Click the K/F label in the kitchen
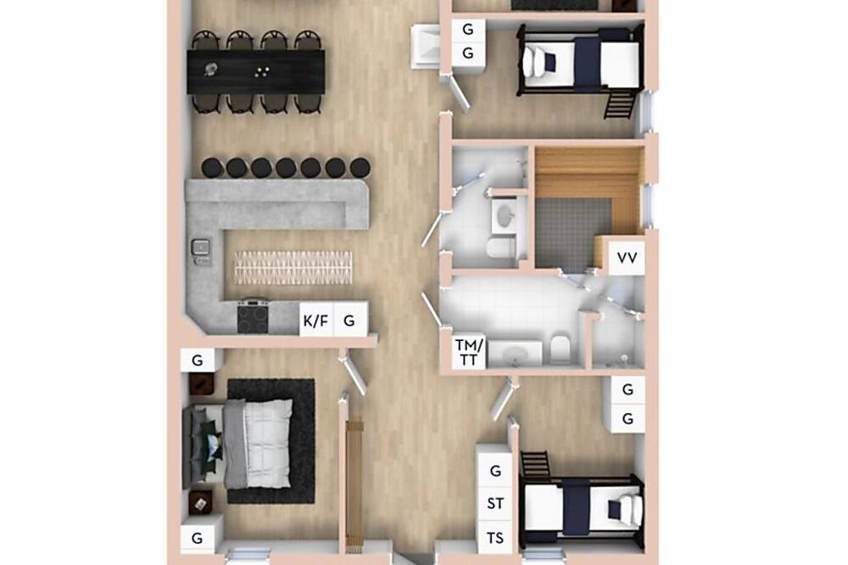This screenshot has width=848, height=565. [x=315, y=321]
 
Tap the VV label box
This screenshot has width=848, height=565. [x=627, y=258]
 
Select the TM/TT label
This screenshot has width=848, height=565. [x=468, y=352]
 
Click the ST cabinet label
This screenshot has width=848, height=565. [x=495, y=503]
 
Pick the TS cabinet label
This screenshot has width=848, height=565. [x=495, y=537]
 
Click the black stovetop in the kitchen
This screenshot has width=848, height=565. [x=253, y=318]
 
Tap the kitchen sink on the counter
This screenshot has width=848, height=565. [x=201, y=249]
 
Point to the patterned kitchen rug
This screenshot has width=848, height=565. [x=293, y=267]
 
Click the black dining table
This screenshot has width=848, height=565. [x=256, y=71]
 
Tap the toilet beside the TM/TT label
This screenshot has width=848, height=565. [x=560, y=350]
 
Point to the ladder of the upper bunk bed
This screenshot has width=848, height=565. [x=619, y=105]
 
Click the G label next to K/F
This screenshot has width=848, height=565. [x=349, y=321]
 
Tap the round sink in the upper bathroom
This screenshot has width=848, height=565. [x=505, y=216]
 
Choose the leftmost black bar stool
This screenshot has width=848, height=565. [x=213, y=168]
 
